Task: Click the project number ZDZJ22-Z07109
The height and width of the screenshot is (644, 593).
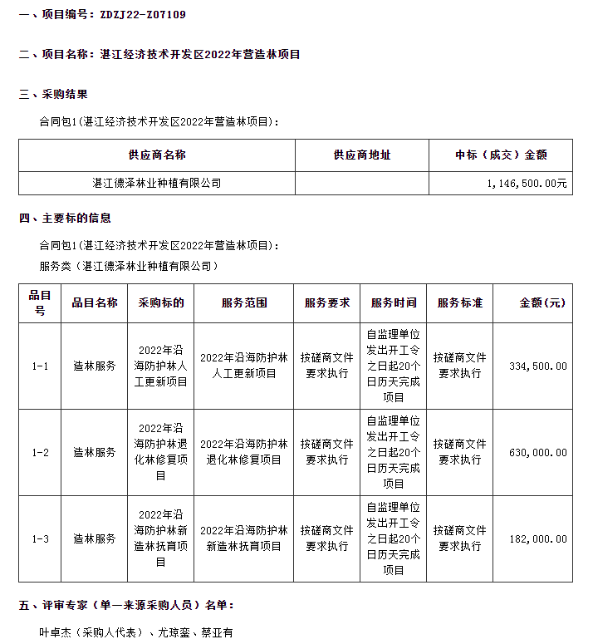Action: (142, 14)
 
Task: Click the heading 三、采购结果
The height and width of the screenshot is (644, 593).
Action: (53, 94)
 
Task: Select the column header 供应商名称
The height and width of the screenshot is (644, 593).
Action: (157, 155)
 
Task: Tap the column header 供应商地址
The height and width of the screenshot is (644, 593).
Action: (361, 155)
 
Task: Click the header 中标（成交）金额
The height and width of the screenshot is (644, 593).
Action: (501, 155)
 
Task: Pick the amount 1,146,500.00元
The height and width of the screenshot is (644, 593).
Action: (527, 183)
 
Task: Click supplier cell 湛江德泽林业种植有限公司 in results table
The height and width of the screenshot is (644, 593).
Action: (157, 183)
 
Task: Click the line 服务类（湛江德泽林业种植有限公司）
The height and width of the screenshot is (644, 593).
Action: (129, 266)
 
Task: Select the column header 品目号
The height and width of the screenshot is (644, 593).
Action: (40, 303)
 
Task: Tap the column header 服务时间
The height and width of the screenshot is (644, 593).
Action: (394, 303)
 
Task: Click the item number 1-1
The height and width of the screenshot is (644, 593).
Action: (40, 366)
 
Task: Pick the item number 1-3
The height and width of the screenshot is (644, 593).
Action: (40, 539)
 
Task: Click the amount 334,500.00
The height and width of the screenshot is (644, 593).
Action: (538, 366)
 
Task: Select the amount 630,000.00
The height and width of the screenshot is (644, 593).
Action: (538, 453)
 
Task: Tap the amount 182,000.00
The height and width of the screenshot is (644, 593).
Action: (538, 539)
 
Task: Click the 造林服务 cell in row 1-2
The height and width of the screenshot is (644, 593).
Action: (95, 453)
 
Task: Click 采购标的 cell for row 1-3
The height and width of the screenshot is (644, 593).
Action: (161, 539)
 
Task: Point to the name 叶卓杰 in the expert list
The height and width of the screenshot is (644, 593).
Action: (56, 632)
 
